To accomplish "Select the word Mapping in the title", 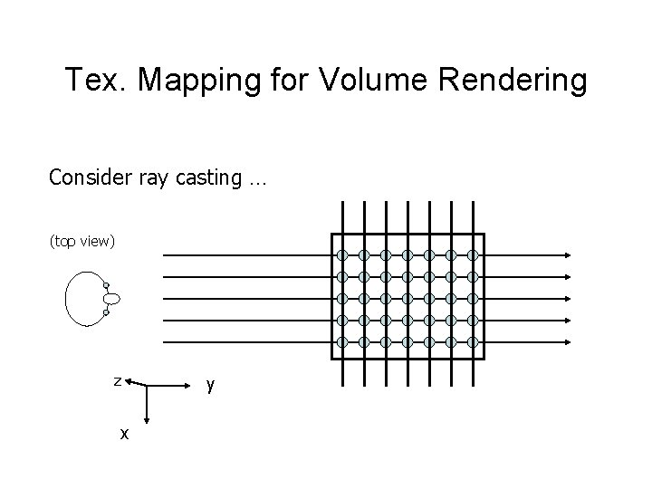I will point(211,81).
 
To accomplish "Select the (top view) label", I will point(82,241).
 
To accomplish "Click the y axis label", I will point(210,385).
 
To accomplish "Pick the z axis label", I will point(117,381).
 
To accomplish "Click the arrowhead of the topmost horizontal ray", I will point(566,254).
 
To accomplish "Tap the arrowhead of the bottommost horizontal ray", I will point(566,342).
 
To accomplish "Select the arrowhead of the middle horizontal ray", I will point(566,299).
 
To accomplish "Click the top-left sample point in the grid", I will point(342,254).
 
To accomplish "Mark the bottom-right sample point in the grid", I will point(472,342).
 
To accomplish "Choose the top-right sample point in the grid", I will point(472,254).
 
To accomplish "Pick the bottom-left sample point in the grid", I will point(342,342).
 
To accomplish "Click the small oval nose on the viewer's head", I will point(112,299).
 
